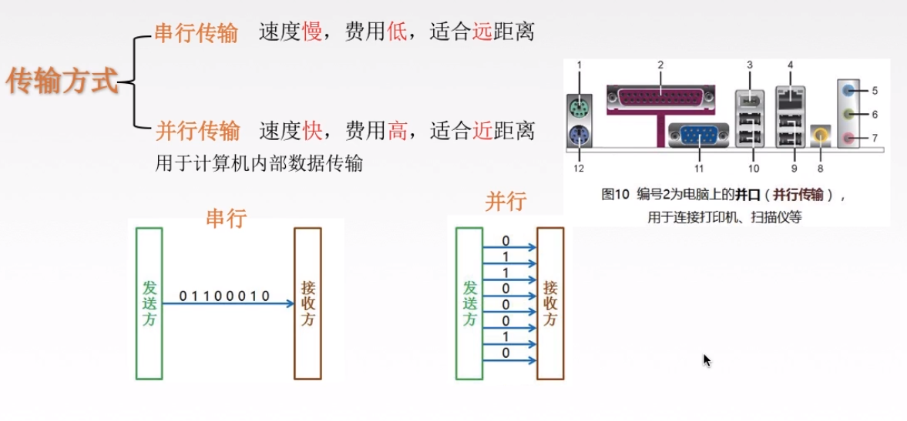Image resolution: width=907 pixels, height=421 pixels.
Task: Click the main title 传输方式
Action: pyautogui.click(x=62, y=80)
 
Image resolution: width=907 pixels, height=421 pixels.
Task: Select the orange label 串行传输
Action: pyautogui.click(x=196, y=33)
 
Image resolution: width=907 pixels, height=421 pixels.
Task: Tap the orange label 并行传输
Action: pyautogui.click(x=197, y=131)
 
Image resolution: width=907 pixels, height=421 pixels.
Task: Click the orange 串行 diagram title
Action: pyautogui.click(x=226, y=218)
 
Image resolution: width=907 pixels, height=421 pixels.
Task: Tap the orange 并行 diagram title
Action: pyautogui.click(x=506, y=202)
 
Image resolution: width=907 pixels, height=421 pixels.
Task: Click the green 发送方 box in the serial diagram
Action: pyautogui.click(x=149, y=303)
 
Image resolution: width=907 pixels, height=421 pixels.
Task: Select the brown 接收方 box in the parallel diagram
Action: pyautogui.click(x=550, y=303)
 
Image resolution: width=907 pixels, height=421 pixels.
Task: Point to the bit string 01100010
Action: pyautogui.click(x=224, y=296)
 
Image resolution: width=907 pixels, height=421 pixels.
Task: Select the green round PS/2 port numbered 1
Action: pyautogui.click(x=579, y=105)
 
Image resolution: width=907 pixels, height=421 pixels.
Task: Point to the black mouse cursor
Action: pyautogui.click(x=707, y=359)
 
